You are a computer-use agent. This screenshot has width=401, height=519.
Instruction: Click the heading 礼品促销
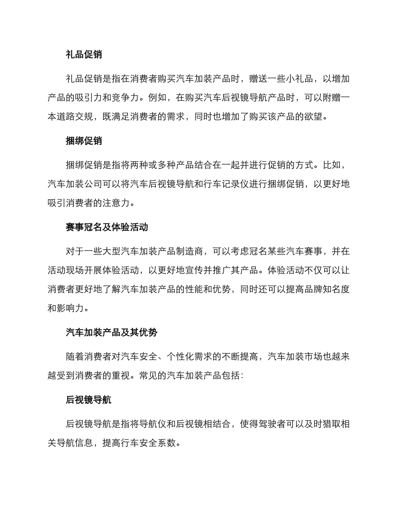[x=84, y=54]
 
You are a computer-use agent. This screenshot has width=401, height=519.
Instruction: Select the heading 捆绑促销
[x=84, y=141]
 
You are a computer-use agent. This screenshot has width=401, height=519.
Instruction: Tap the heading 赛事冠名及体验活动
[x=107, y=227]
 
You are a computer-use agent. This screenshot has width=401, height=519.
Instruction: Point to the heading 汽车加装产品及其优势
[x=111, y=332]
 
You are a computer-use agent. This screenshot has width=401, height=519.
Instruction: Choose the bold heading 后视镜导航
[x=89, y=400]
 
